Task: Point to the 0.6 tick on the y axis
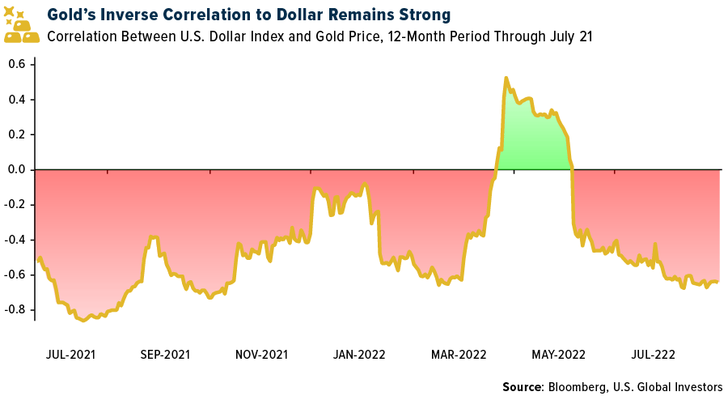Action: pos(18,64)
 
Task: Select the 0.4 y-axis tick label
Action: pos(18,100)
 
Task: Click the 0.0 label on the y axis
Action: pos(18,169)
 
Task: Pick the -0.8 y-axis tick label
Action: pos(15,309)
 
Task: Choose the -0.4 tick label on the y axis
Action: pos(15,240)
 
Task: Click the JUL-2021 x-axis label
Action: pos(70,354)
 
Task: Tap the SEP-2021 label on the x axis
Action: pos(165,354)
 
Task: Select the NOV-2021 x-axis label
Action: pos(261,354)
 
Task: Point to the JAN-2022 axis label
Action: pos(359,354)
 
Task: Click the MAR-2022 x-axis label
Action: pos(458,354)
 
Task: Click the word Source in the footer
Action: pos(523,386)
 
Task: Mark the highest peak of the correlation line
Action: pos(506,79)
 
